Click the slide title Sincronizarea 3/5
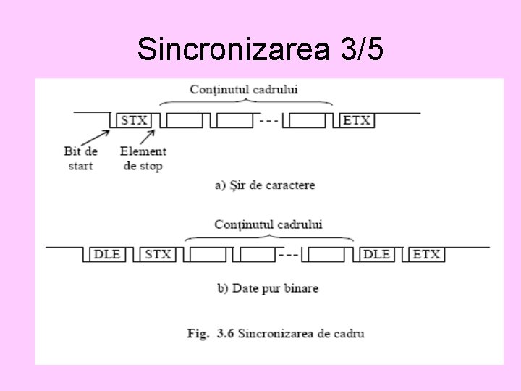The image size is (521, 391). click(x=260, y=49)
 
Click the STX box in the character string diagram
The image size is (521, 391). click(x=134, y=120)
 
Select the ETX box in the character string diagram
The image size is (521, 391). click(x=357, y=120)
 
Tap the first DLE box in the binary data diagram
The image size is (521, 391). click(x=107, y=254)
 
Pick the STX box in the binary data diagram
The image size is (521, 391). click(x=158, y=254)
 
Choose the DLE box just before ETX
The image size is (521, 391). click(x=376, y=254)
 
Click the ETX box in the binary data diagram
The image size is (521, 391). click(x=426, y=254)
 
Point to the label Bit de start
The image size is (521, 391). click(x=81, y=158)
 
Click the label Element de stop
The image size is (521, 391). click(x=143, y=158)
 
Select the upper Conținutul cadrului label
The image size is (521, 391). click(x=244, y=90)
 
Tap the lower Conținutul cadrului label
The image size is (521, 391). click(x=268, y=224)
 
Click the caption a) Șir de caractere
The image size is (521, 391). click(x=265, y=185)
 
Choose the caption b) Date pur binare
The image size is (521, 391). click(x=268, y=288)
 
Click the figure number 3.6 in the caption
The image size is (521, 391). click(x=223, y=334)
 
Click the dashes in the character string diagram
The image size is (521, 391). click(x=268, y=120)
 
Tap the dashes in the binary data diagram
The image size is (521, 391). click(x=289, y=254)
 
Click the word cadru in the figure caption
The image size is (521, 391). click(x=350, y=334)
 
